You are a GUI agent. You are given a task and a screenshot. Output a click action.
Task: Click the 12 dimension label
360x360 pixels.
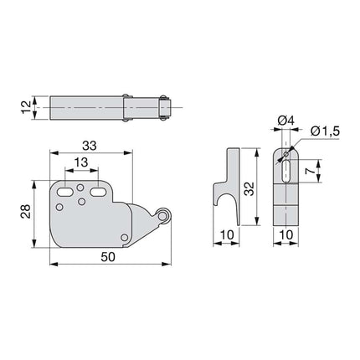[26, 107]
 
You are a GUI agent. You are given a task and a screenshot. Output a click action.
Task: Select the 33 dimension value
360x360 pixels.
[90, 146]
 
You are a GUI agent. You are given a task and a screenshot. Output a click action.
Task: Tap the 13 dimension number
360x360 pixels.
[81, 162]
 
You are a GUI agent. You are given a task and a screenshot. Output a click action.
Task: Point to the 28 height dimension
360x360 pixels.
[26, 211]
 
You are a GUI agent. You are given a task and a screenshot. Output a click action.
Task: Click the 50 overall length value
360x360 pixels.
[108, 257]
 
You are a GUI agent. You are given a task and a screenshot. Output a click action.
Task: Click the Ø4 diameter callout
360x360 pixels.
[285, 121]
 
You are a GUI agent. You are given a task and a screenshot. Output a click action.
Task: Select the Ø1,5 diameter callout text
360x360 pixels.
[325, 131]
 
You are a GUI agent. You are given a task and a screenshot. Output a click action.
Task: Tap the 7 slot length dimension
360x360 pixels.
[310, 172]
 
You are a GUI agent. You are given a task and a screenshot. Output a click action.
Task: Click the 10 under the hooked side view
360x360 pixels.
[227, 234]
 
